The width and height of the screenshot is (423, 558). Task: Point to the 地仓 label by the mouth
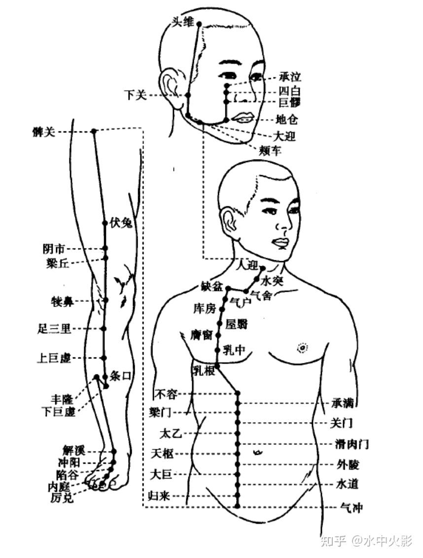pyautogui.click(x=287, y=120)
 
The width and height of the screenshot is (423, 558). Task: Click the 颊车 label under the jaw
pyautogui.click(x=270, y=151)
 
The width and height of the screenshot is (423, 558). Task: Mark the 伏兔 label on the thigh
pyautogui.click(x=121, y=223)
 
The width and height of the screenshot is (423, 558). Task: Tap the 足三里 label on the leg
pyautogui.click(x=54, y=328)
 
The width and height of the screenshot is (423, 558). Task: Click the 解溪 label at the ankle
pyautogui.click(x=74, y=450)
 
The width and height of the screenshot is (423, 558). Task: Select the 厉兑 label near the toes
pyautogui.click(x=62, y=498)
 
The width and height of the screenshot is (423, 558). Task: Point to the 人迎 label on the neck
pyautogui.click(x=247, y=266)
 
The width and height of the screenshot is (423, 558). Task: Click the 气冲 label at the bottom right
pyautogui.click(x=352, y=507)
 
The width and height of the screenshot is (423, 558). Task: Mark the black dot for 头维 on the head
pyautogui.click(x=199, y=24)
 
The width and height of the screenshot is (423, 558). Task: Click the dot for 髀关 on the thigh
pyautogui.click(x=94, y=131)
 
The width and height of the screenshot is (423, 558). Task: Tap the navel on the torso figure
pyautogui.click(x=257, y=451)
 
